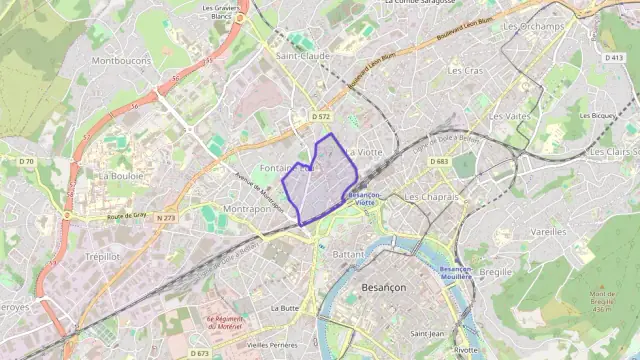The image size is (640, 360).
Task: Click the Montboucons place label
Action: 121,60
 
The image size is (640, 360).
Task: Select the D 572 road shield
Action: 321,117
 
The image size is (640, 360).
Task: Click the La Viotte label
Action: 365,152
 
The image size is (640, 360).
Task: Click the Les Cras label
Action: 465,71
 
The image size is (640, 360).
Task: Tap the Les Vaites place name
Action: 510,116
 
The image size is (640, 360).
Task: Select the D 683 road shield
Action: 439,161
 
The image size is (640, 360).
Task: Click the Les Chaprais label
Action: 431,197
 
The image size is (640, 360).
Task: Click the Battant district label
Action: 348,255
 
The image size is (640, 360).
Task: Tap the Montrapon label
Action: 247,209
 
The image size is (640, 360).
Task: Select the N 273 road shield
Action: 166,217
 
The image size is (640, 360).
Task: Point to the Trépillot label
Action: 102,256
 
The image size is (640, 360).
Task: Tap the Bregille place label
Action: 495,272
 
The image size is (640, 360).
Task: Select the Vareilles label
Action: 548,231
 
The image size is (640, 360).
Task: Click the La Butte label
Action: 285,308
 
